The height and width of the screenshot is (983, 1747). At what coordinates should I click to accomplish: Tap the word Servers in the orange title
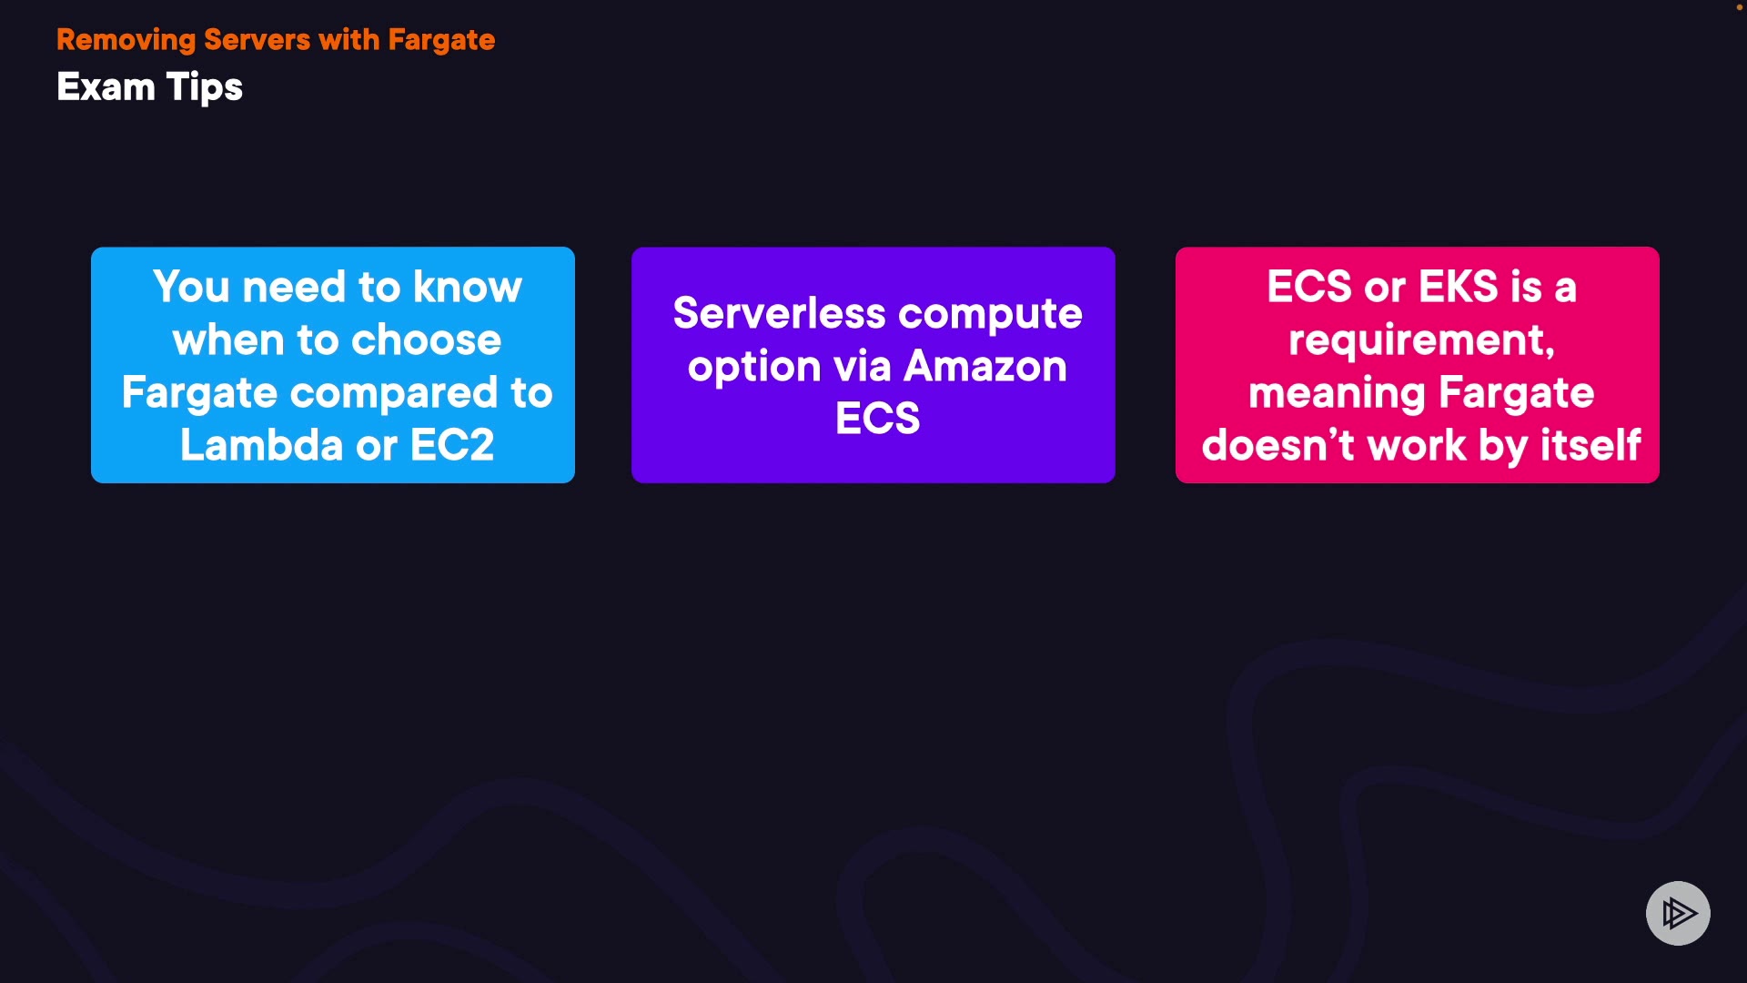(x=258, y=39)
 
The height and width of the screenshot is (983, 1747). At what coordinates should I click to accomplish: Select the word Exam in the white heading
(x=106, y=87)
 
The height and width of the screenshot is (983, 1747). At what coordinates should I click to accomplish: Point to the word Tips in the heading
(x=205, y=88)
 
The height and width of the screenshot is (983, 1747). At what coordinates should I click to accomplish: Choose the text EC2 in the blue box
(x=452, y=445)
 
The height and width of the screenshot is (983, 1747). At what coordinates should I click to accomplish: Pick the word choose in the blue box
(x=427, y=340)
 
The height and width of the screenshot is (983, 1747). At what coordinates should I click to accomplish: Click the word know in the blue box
(x=468, y=287)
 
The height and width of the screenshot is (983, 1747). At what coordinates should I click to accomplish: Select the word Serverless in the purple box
(x=780, y=314)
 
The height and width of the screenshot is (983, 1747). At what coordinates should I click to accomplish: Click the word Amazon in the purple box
(x=985, y=366)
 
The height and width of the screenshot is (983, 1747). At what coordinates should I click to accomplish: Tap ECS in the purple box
(x=878, y=419)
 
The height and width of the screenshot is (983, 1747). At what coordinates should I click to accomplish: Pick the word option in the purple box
(x=754, y=368)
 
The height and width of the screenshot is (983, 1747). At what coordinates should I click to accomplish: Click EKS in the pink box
(x=1459, y=287)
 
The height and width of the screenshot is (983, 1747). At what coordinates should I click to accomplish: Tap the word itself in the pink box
(x=1591, y=445)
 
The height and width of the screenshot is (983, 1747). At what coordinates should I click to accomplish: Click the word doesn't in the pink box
(x=1278, y=445)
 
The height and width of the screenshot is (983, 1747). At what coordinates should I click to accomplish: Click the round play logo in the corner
(x=1678, y=913)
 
